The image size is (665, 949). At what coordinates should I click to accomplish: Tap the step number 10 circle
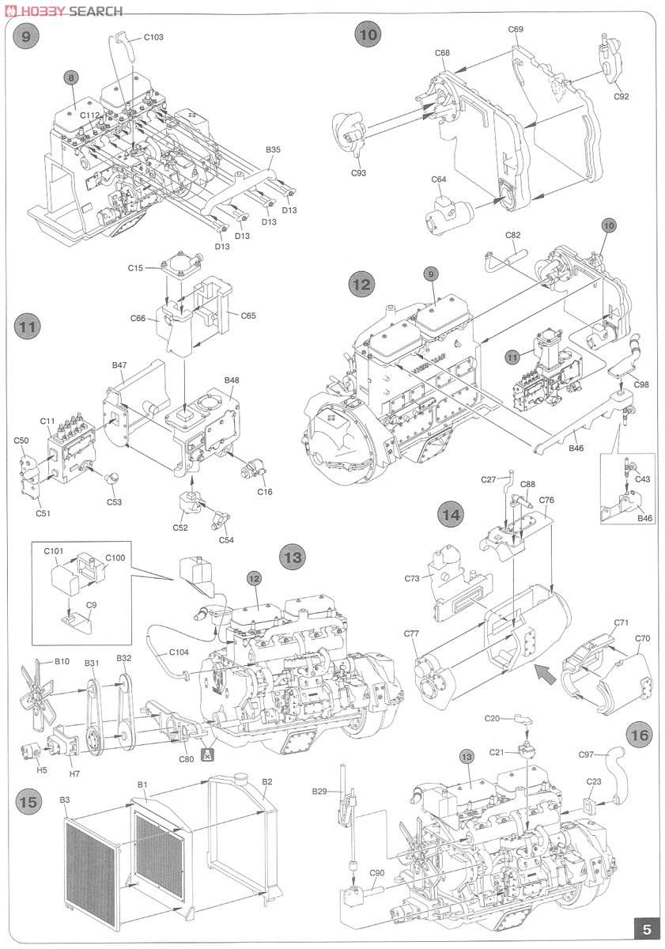click(368, 34)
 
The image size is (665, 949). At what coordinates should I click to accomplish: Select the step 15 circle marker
click(28, 802)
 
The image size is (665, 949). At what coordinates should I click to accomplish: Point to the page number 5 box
click(646, 929)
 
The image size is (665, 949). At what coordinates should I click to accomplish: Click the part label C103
click(153, 37)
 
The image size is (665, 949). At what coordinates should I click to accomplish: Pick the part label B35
click(274, 149)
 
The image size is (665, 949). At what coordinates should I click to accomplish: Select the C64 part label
click(439, 180)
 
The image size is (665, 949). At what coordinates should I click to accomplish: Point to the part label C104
click(179, 652)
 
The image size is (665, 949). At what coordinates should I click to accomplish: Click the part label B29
click(319, 791)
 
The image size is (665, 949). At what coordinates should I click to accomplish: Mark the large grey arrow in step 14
click(544, 674)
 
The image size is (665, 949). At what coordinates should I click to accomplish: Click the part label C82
click(513, 235)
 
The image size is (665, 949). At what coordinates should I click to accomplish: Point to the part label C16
click(265, 492)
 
